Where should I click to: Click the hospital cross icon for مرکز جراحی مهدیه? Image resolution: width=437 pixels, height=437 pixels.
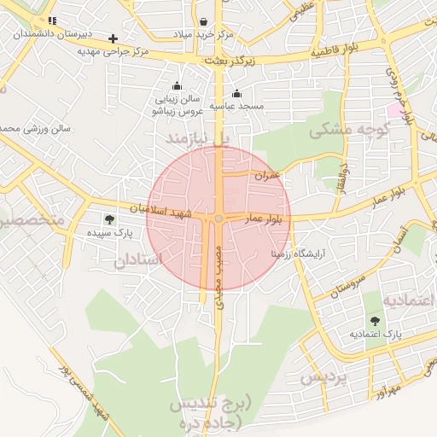tap(114, 38)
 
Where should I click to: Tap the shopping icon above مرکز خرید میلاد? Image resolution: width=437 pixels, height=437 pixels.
tap(203, 21)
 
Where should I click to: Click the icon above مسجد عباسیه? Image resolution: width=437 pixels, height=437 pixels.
tap(236, 94)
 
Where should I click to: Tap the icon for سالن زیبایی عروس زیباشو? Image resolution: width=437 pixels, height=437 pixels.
tap(177, 85)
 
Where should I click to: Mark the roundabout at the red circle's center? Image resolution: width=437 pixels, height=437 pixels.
tap(219, 219)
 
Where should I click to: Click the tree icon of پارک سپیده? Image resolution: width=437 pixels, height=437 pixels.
tap(108, 219)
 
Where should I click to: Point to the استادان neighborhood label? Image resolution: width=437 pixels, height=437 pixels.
tap(137, 260)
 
